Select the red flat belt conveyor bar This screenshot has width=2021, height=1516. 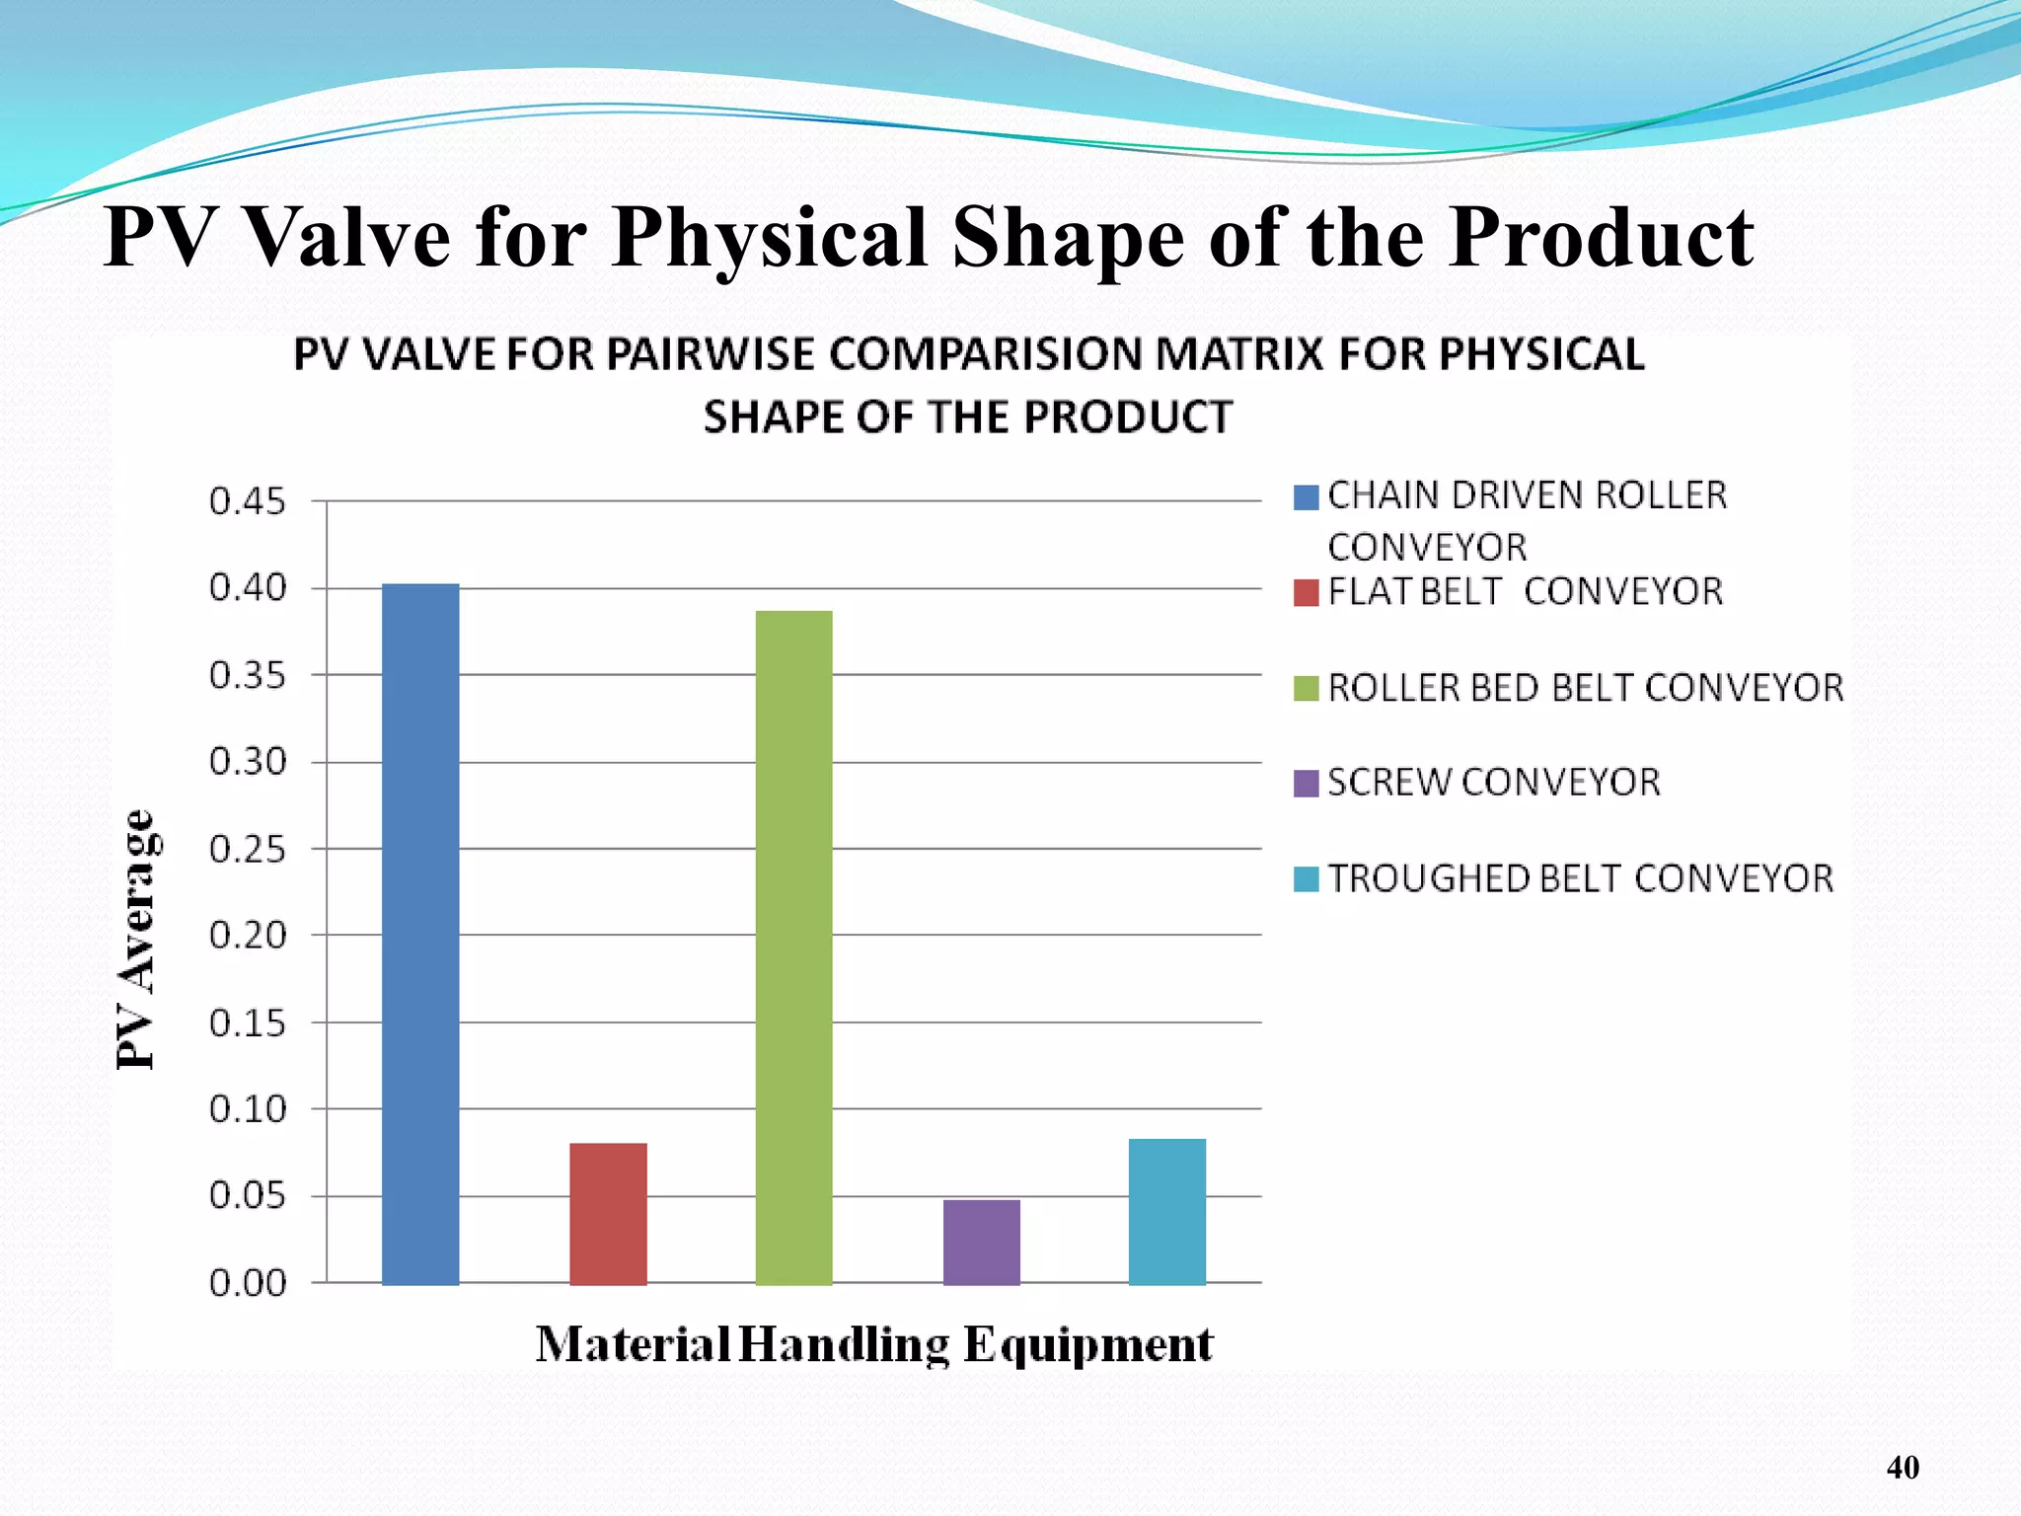pos(608,1213)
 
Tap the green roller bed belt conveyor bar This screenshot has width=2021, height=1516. pos(793,947)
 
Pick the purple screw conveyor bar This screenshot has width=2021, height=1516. pos(981,1241)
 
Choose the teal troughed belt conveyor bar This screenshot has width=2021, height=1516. pos(1167,1211)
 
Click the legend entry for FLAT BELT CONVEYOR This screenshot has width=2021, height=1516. pos(1525,591)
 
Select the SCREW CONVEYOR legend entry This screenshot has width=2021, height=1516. pos(1493,783)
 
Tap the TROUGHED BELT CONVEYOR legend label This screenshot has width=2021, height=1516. pos(1580,878)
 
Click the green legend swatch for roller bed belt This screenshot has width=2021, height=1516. pos(1306,688)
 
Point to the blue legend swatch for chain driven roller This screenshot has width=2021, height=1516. pos(1306,497)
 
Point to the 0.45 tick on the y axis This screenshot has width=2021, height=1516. pos(247,501)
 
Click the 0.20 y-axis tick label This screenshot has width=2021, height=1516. pos(247,935)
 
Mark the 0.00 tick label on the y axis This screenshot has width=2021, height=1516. pos(247,1283)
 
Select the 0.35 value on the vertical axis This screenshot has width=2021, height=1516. pos(247,676)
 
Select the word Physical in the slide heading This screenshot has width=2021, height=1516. pos(770,239)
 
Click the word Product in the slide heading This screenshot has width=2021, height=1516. pos(1601,239)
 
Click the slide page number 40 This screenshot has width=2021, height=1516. pos(1903,1468)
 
